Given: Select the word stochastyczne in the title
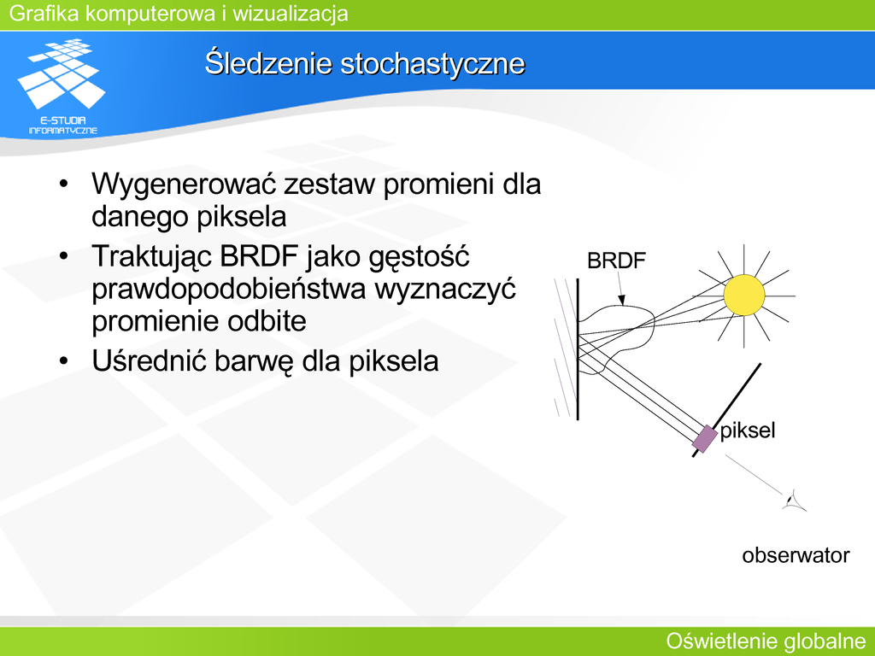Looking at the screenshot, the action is pyautogui.click(x=433, y=63).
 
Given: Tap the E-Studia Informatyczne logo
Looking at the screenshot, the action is pyautogui.click(x=62, y=86).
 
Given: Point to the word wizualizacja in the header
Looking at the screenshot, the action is pyautogui.click(x=291, y=14).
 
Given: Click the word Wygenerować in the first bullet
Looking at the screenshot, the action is pyautogui.click(x=184, y=184).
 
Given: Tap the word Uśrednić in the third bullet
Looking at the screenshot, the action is pyautogui.click(x=149, y=361).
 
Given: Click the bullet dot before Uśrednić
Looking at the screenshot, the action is pyautogui.click(x=63, y=361).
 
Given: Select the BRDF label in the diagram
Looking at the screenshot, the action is pyautogui.click(x=616, y=261).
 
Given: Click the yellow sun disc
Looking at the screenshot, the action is pyautogui.click(x=744, y=295).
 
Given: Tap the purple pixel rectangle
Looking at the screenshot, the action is pyautogui.click(x=705, y=438).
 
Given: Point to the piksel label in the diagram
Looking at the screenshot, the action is pyautogui.click(x=747, y=430).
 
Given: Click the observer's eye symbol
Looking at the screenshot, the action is pyautogui.click(x=794, y=501).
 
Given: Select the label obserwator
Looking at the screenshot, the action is pyautogui.click(x=796, y=555).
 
